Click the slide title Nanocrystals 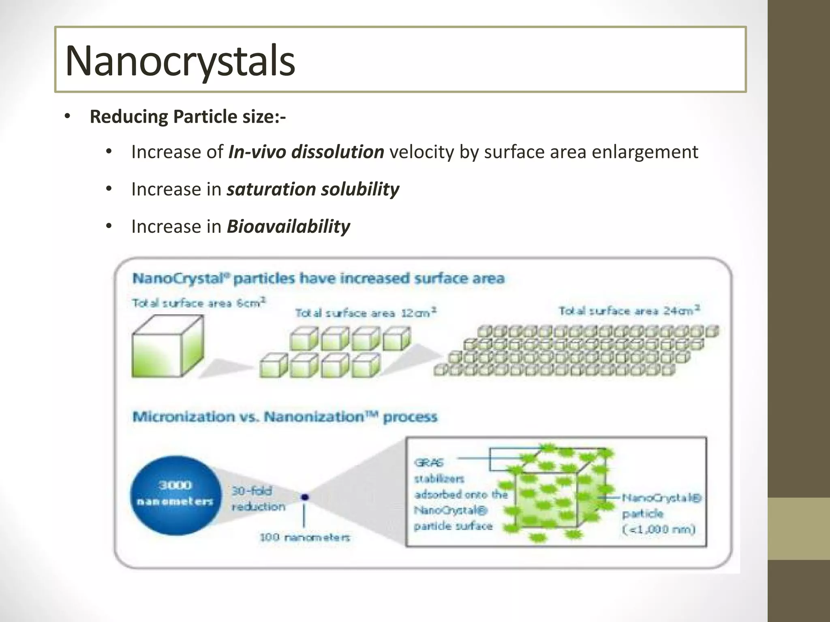(180, 61)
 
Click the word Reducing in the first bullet (128, 117)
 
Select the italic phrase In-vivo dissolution (306, 152)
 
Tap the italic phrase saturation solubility (313, 190)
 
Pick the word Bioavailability (288, 226)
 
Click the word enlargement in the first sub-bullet (644, 152)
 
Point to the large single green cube (167, 347)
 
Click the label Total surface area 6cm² (199, 303)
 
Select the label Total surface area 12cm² (366, 313)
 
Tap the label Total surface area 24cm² (629, 311)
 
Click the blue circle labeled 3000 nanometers (175, 495)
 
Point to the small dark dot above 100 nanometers (305, 497)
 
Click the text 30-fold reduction (258, 498)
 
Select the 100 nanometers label (304, 537)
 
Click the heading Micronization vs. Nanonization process (285, 417)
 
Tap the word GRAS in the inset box (429, 462)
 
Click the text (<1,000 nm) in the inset (659, 529)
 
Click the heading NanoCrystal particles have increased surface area (318, 279)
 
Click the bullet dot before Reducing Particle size (67, 117)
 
